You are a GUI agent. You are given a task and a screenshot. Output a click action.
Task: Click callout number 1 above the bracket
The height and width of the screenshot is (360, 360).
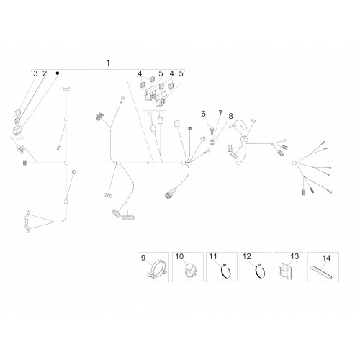tap(108, 63)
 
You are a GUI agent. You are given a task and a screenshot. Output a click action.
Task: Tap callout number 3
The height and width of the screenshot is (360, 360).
tap(35, 73)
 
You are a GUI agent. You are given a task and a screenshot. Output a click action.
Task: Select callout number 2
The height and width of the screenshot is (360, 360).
tap(45, 73)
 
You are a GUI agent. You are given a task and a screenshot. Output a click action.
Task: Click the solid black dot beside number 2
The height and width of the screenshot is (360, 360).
tap(58, 73)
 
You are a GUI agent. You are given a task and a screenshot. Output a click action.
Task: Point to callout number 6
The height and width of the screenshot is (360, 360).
tap(204, 114)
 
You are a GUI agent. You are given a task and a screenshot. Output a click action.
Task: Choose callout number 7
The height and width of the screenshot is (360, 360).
tap(220, 113)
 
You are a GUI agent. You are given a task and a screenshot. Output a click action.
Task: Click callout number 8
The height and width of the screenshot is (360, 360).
tap(230, 116)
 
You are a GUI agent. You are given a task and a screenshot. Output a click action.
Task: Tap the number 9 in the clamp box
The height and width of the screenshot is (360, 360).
tap(143, 258)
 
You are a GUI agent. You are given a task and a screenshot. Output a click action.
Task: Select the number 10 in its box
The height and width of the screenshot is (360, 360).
tap(179, 256)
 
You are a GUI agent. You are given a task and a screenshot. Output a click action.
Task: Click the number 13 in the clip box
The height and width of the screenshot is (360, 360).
tap(294, 256)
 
